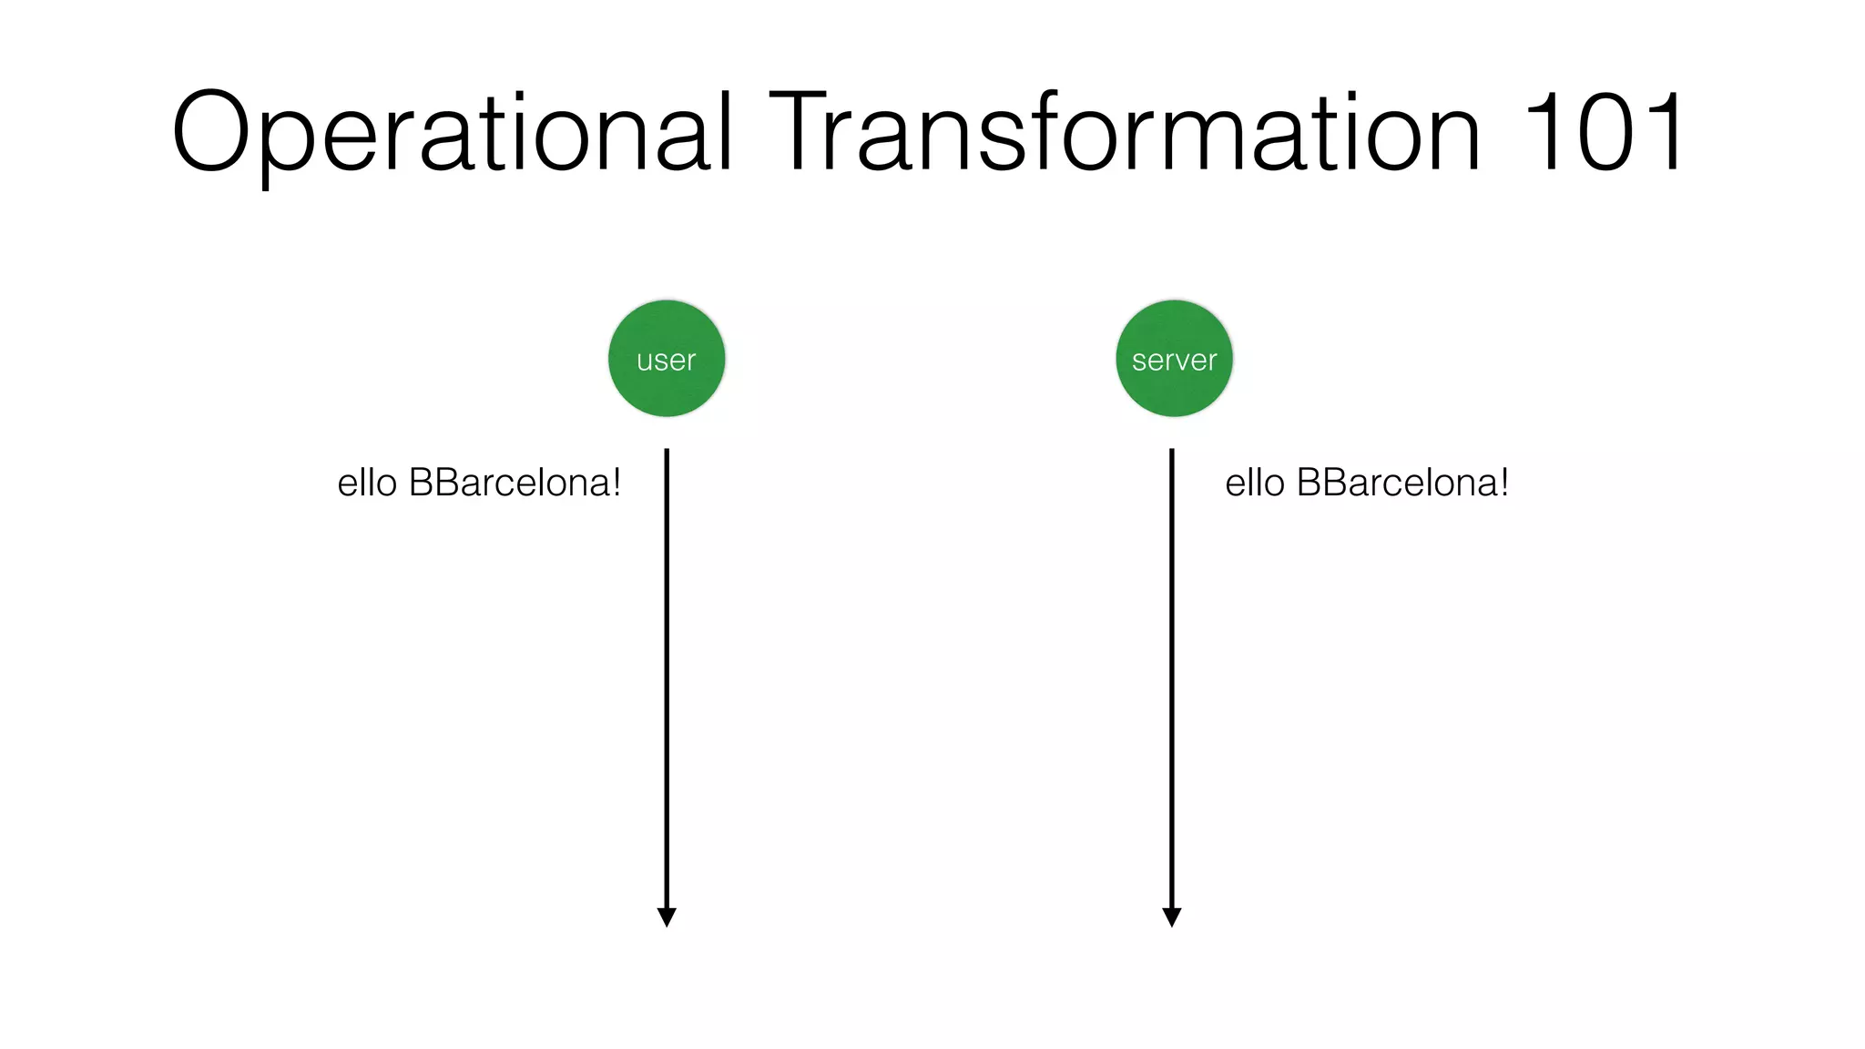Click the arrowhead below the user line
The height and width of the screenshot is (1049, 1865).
click(x=667, y=917)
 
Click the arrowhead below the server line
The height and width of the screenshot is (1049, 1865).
click(x=1172, y=917)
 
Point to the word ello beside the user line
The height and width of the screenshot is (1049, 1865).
click(x=367, y=483)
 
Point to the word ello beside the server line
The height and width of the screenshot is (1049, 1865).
click(x=1255, y=483)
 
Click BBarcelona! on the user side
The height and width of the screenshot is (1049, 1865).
click(x=515, y=483)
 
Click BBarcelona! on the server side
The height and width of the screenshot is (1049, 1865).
click(x=1402, y=483)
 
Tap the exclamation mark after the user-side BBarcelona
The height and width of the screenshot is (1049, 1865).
click(x=617, y=483)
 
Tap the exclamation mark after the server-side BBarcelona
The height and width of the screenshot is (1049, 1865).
click(x=1504, y=483)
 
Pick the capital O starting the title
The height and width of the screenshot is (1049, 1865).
click(x=210, y=131)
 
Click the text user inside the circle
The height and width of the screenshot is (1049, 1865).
click(x=667, y=361)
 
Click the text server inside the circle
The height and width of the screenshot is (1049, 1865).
click(x=1174, y=361)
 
